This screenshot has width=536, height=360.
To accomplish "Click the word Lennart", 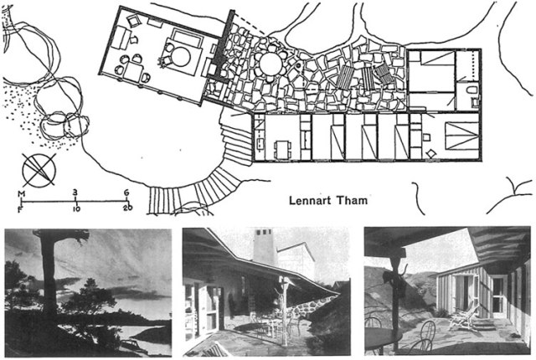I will tap(309, 200).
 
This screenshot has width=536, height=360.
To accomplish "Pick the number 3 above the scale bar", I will tap(76, 192).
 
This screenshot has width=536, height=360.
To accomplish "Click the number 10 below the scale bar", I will tap(76, 208).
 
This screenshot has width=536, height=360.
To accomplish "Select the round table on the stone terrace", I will tap(271, 63).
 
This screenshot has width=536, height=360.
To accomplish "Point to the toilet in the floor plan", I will tap(471, 90).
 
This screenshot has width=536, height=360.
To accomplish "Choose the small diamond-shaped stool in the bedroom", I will tap(430, 154).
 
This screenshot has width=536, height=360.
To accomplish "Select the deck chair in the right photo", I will tap(463, 316).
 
